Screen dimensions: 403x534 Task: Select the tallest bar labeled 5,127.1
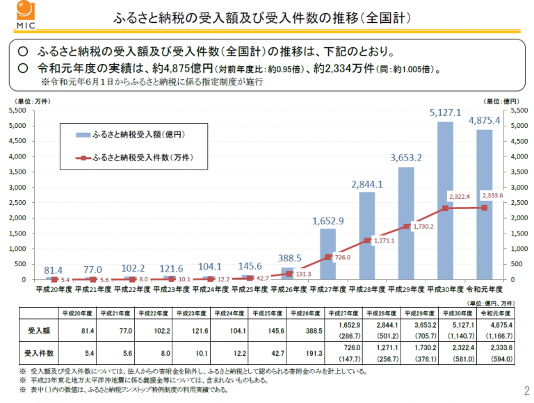[x=445, y=201]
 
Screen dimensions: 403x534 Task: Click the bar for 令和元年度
[x=484, y=205]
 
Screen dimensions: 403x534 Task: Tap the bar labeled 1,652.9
[x=328, y=254]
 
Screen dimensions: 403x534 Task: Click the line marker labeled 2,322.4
[x=445, y=208]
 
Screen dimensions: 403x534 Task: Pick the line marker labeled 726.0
[x=328, y=257]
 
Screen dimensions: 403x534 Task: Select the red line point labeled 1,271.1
[x=367, y=240]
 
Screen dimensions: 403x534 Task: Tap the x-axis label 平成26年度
[x=289, y=287]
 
